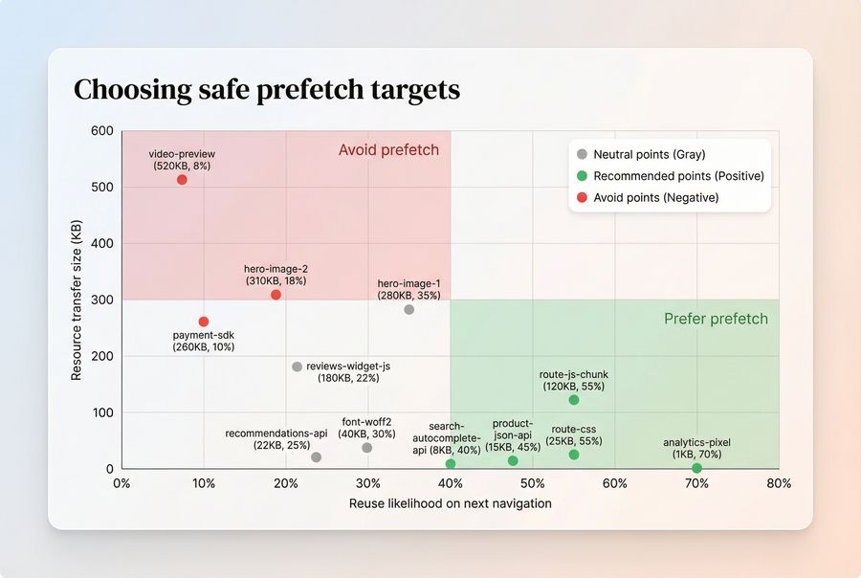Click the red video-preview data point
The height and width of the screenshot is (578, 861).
[182, 180]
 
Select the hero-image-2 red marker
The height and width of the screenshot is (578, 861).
[276, 295]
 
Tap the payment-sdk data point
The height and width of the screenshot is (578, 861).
[203, 322]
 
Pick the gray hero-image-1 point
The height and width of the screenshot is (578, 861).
[408, 309]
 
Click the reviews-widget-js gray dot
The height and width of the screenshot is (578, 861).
[297, 367]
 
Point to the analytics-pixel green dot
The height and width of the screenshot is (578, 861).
[696, 468]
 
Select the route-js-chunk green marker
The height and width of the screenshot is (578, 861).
[574, 400]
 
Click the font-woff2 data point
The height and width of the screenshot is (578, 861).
[367, 448]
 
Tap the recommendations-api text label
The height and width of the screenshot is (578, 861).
[276, 439]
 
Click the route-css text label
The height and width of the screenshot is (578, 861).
[573, 435]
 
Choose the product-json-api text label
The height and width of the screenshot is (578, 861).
[512, 434]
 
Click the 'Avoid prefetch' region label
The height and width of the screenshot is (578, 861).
[388, 150]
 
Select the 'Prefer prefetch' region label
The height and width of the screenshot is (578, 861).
[716, 319]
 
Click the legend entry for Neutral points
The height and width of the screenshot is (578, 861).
[649, 154]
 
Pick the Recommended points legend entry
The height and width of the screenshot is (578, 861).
[677, 176]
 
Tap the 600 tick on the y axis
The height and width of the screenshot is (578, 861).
[102, 131]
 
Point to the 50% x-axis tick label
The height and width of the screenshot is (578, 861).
[532, 483]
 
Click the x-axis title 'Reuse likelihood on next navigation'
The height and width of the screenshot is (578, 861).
[450, 503]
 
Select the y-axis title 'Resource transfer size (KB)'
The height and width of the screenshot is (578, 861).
[77, 300]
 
